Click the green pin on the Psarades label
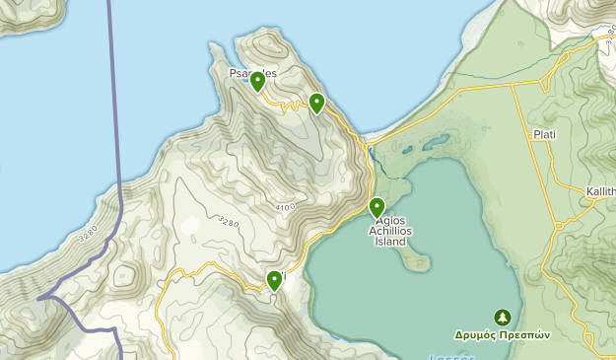257,81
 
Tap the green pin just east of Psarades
316,103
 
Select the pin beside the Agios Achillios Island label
376,207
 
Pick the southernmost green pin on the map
275,280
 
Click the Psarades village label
253,73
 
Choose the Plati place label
544,135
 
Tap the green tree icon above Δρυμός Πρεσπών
503,317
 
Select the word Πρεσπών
524,334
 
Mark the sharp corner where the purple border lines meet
40,297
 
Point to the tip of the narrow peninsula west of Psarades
213,46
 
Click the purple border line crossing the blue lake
112,99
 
